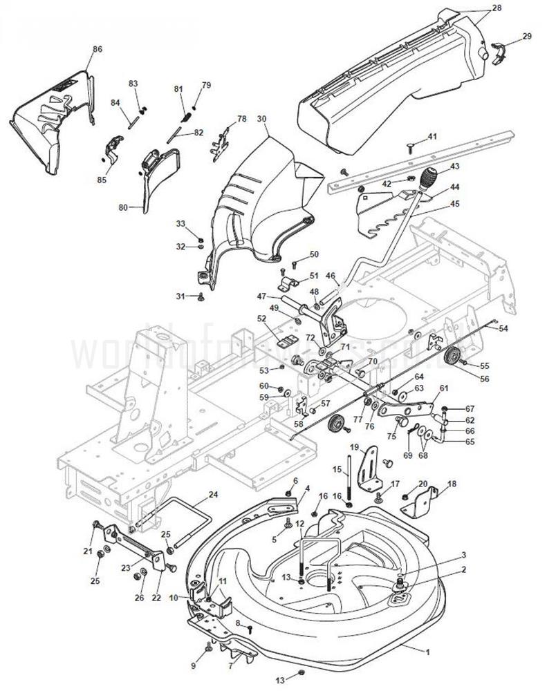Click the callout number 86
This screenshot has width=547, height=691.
pos(97,49)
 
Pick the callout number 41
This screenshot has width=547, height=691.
pos(432,137)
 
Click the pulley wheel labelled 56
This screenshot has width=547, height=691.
pos(454,357)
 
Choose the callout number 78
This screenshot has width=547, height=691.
pos(241,119)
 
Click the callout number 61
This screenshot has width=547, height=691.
pos(444,388)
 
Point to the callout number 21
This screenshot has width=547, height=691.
pos(88,550)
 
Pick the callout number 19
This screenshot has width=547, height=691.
pos(353,447)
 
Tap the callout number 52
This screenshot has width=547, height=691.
pos(261,319)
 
